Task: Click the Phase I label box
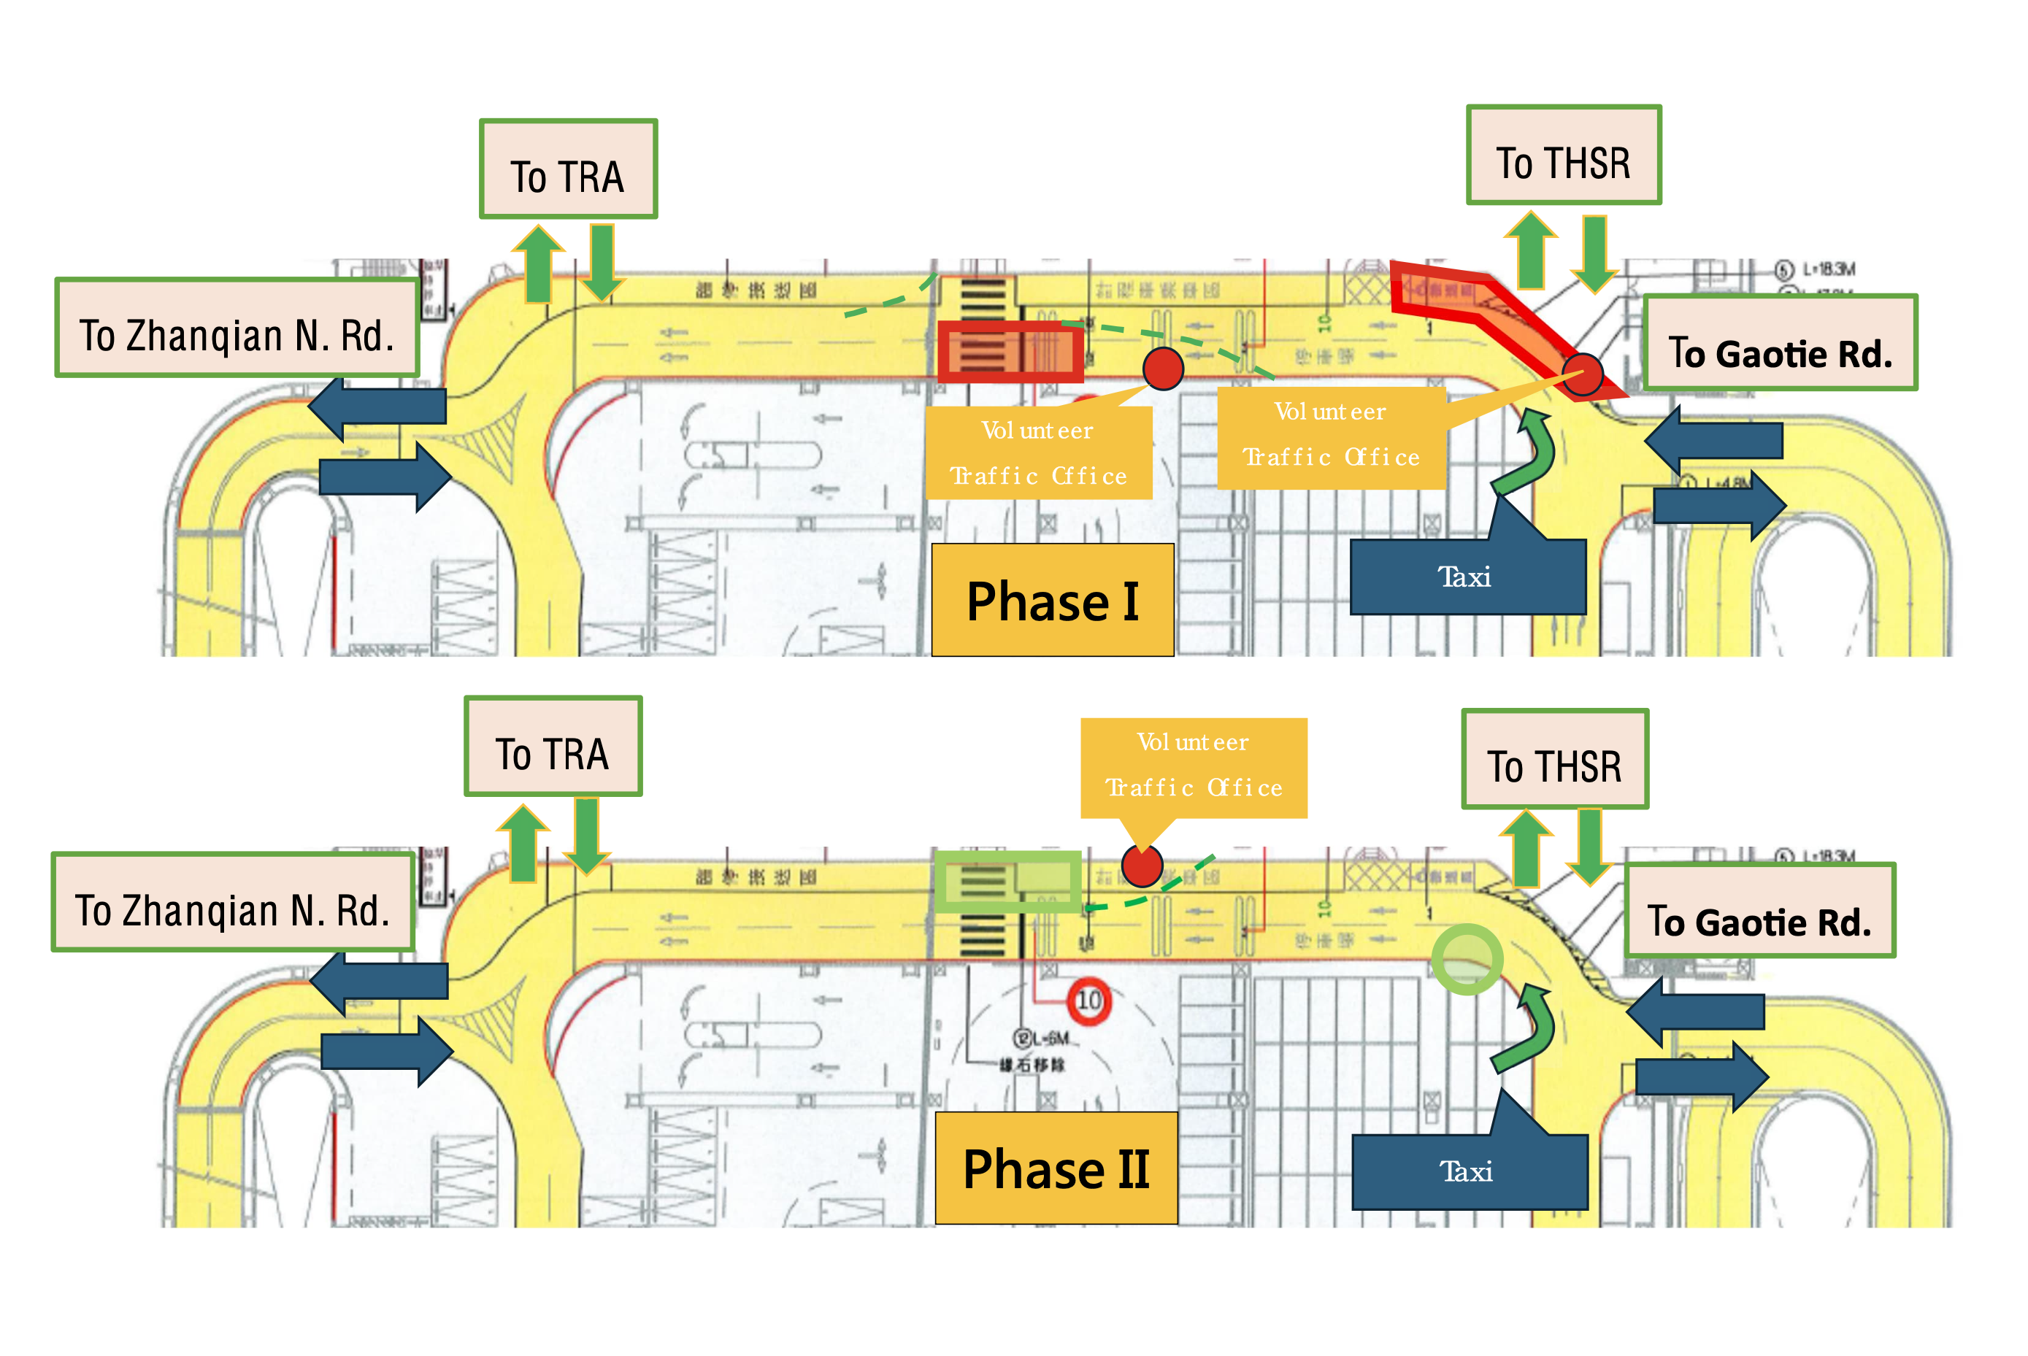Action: pos(1052,599)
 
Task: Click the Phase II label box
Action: pos(1055,1168)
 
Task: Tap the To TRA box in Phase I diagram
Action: pos(568,169)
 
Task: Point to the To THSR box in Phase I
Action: pos(1563,155)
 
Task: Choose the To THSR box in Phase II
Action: pos(1554,758)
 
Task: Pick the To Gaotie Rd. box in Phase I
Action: pos(1779,343)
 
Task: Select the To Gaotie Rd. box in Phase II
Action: pos(1759,911)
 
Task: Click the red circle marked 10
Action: pos(1088,1001)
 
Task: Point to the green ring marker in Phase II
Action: pos(1466,958)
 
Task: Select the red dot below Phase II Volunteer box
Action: pos(1141,866)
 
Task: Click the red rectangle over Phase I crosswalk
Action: pos(1009,351)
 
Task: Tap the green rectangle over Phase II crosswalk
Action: pos(1007,881)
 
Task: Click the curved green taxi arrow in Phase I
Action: pos(1528,452)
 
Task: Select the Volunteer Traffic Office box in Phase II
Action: pos(1193,766)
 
